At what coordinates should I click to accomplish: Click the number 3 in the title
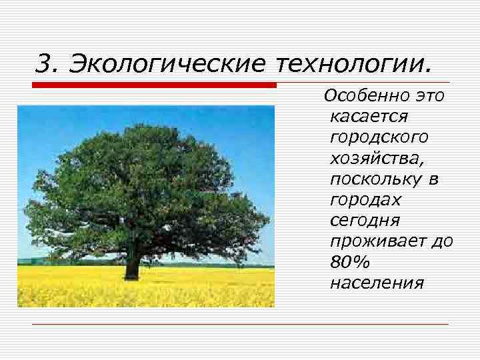point(43,64)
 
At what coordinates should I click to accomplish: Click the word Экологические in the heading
point(168,65)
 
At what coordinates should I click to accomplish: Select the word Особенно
point(365,97)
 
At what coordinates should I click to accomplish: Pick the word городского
point(379,137)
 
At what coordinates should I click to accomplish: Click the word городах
point(365,199)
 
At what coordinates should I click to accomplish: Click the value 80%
point(345,261)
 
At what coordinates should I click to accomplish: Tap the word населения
point(376,282)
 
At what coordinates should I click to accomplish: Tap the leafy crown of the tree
point(143,180)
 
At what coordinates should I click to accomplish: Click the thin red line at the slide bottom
point(240,324)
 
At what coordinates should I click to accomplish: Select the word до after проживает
point(442,241)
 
